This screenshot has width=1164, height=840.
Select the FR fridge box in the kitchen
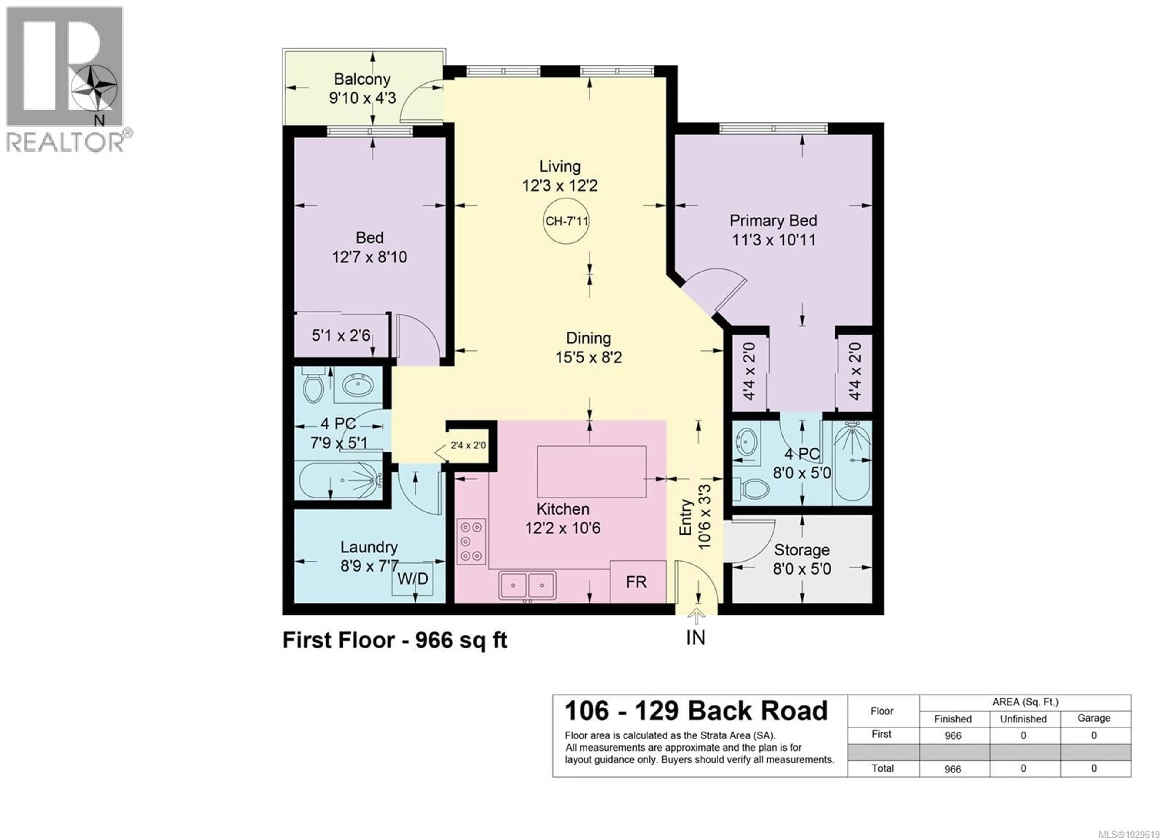(637, 582)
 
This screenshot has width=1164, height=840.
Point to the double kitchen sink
(527, 585)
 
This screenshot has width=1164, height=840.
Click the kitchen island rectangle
(591, 472)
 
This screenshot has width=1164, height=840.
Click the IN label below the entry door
(696, 637)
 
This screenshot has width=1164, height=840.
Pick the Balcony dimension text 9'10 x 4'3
(362, 98)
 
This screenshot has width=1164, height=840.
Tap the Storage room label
(802, 550)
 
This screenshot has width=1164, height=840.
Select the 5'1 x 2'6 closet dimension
(341, 335)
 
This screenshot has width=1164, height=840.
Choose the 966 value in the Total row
(952, 769)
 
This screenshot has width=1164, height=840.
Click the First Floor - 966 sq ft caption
(395, 640)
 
